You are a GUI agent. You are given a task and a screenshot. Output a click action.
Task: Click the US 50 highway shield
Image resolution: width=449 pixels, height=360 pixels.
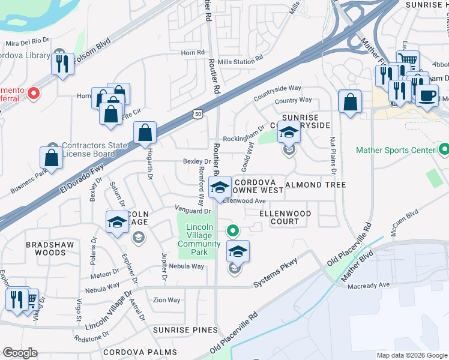click(x=198, y=113)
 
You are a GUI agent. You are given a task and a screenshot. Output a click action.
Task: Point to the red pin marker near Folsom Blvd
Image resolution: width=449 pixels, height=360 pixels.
click(x=34, y=93)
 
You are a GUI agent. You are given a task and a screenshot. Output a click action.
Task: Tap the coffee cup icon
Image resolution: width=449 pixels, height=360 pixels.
click(x=427, y=96)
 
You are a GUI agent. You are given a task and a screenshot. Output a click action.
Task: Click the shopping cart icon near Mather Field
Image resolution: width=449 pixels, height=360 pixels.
click(x=408, y=60)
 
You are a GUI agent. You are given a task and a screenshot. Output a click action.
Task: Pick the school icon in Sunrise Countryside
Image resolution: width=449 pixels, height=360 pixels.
click(x=289, y=132)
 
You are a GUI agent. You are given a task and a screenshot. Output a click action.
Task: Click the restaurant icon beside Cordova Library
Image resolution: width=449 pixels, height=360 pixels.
click(x=62, y=64)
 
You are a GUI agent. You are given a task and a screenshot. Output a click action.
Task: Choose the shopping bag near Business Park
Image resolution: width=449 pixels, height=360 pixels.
click(x=52, y=158)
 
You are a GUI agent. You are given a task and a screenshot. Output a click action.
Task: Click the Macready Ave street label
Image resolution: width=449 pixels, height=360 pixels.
click(x=369, y=286)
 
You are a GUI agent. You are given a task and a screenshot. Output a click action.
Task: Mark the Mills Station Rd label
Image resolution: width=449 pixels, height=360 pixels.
click(x=240, y=59)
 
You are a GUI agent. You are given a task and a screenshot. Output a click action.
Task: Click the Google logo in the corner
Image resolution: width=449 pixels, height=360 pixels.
click(x=20, y=353)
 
